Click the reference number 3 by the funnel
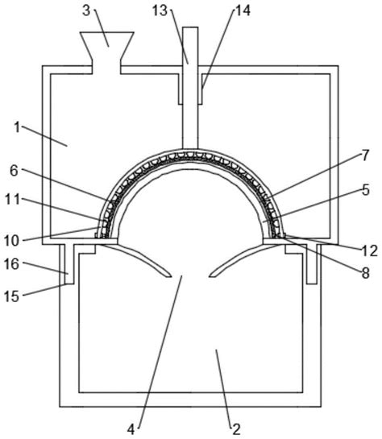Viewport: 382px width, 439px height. [86, 11]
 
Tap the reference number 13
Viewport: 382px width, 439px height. [160, 11]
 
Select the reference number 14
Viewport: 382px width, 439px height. [243, 11]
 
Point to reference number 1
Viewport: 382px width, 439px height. [17, 127]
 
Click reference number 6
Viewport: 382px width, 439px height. [14, 171]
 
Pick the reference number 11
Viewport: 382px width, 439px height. [12, 200]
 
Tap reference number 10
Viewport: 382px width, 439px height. [11, 241]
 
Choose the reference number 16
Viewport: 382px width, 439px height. [11, 264]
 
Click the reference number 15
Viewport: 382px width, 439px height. [11, 296]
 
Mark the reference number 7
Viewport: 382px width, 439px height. [365, 155]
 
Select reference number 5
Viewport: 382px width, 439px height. [365, 190]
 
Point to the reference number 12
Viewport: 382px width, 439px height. [370, 251]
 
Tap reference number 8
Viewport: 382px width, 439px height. [365, 273]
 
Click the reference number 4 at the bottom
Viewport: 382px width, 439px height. [131, 429]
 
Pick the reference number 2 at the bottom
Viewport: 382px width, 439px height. [236, 429]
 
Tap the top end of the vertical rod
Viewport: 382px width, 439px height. [190, 27]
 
